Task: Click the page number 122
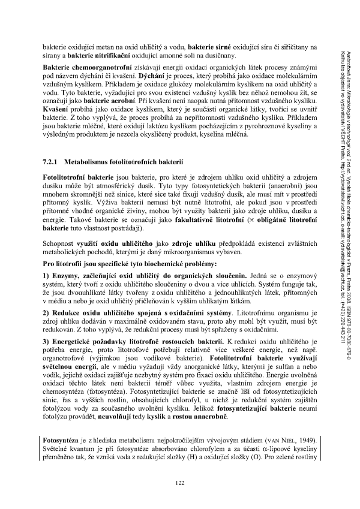coord(179,483)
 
